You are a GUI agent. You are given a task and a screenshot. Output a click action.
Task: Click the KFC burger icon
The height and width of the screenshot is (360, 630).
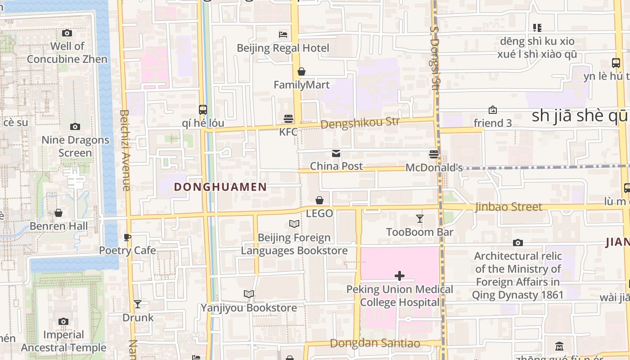[288, 118]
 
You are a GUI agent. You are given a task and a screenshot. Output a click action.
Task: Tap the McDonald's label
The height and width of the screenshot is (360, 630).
[434, 168]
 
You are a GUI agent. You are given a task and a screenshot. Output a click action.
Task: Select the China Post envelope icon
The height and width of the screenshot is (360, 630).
[336, 153]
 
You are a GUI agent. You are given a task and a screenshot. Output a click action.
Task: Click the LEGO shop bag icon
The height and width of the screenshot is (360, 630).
[319, 200]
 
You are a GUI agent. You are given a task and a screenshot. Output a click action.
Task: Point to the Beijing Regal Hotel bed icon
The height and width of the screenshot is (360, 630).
[283, 34]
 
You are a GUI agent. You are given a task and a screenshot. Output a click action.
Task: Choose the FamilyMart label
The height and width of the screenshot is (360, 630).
[301, 85]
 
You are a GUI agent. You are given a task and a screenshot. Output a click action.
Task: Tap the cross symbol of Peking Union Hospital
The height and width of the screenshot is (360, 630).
[399, 276]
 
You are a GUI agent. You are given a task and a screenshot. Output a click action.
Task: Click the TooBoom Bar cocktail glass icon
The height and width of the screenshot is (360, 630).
[420, 219]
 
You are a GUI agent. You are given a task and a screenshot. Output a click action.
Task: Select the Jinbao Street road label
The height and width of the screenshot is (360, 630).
[508, 207]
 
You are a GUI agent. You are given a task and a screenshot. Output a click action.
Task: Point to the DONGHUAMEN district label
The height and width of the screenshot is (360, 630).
[220, 187]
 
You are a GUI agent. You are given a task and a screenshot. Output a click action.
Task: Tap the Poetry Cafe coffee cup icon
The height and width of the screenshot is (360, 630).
[127, 237]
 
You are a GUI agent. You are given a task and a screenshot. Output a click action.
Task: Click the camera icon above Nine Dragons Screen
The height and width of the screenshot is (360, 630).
[75, 127]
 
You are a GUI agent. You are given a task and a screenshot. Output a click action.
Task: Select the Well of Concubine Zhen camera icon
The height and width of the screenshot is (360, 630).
[67, 33]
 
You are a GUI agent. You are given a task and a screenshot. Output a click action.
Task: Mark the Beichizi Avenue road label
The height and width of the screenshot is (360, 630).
[125, 150]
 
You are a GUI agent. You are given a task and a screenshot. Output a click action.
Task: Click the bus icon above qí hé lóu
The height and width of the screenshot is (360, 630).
[203, 109]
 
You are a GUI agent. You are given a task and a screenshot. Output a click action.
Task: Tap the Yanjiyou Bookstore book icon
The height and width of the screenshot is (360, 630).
[249, 294]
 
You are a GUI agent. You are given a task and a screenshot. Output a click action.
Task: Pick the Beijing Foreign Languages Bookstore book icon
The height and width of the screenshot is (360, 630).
[294, 224]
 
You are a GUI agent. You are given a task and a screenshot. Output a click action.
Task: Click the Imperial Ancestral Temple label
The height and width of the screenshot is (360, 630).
[63, 341]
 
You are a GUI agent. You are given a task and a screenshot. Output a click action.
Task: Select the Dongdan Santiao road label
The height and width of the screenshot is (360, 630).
[375, 344]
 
